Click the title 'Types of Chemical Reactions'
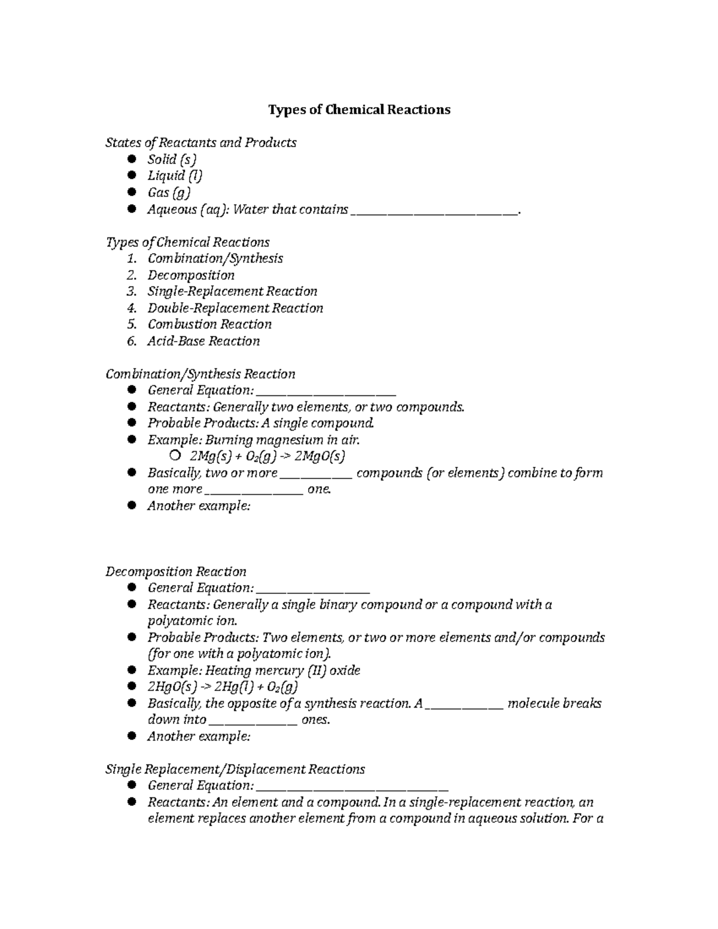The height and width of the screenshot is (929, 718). (x=359, y=110)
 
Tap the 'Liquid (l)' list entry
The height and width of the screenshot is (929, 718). (x=175, y=176)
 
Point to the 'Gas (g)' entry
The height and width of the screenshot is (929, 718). (x=169, y=193)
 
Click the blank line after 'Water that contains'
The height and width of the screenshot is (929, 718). (x=435, y=211)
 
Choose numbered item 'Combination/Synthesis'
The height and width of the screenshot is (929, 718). (x=215, y=258)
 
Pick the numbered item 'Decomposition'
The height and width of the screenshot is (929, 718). (x=191, y=275)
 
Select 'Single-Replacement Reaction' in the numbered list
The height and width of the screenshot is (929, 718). (x=232, y=291)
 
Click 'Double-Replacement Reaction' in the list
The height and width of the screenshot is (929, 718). (x=235, y=308)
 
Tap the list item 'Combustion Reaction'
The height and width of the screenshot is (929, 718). (x=209, y=324)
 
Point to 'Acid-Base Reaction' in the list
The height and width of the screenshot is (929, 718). (x=203, y=341)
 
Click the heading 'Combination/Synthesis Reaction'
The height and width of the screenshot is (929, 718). (x=200, y=374)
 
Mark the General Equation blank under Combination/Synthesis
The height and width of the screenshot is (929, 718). (x=326, y=392)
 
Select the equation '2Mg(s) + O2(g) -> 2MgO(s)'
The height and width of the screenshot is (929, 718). (x=267, y=456)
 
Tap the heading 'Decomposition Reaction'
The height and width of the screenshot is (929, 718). (x=176, y=571)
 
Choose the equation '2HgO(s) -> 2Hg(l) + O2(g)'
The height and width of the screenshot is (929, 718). (x=223, y=687)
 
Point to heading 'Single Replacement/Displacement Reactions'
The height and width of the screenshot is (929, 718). (x=235, y=769)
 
